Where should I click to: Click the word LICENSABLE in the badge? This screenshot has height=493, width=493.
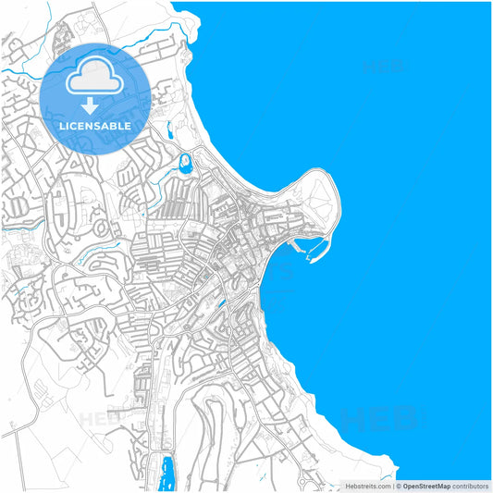95,125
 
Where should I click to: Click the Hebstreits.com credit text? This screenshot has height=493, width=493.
366,486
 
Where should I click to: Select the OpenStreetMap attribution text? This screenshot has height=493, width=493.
434,486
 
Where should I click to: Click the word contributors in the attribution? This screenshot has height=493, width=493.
471,486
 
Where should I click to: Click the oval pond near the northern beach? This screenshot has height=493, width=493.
185,166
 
